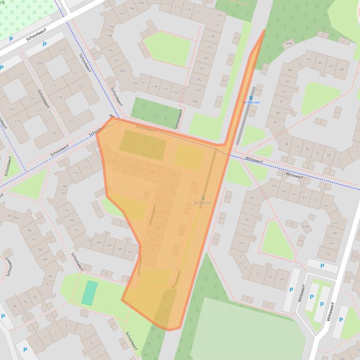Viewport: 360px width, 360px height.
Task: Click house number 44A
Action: click(x=289, y=43)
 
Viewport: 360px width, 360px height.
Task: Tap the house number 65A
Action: click(x=305, y=227)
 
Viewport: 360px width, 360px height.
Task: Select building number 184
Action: click(x=194, y=101)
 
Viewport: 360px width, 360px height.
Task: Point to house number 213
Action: click(x=71, y=122)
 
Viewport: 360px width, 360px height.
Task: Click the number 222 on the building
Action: click(x=21, y=74)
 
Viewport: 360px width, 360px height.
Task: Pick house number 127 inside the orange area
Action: click(x=150, y=260)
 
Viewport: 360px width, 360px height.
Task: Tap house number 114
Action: click(x=110, y=161)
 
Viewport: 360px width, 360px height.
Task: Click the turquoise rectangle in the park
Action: click(x=89, y=293)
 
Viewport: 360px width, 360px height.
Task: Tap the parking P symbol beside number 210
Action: click(x=45, y=45)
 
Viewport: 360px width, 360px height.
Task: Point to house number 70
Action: click(x=327, y=254)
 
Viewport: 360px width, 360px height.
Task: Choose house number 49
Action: click(x=281, y=279)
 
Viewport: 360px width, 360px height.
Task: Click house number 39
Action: click(x=274, y=122)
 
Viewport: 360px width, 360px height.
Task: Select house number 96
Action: click(x=15, y=306)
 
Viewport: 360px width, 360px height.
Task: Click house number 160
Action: click(x=122, y=71)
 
